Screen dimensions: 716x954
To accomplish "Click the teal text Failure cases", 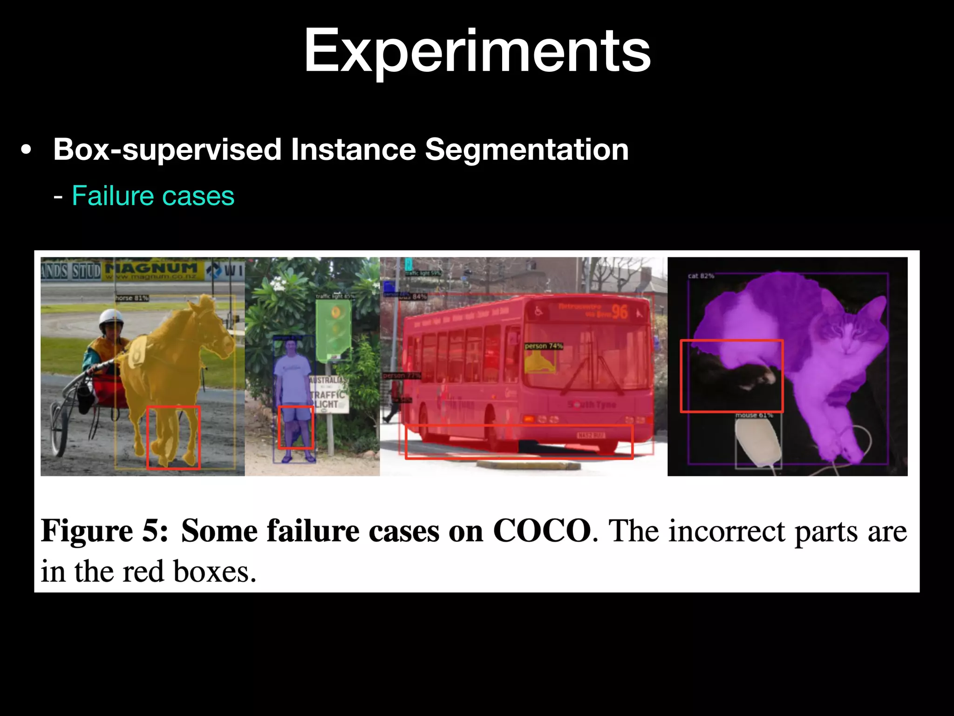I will (153, 196).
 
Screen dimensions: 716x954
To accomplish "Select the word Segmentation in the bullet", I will (526, 150).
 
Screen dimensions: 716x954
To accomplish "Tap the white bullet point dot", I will (27, 151).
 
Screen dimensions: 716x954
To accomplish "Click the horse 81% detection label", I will (132, 298).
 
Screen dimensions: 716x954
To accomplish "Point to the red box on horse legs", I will (173, 437).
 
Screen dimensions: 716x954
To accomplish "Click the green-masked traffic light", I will (334, 329).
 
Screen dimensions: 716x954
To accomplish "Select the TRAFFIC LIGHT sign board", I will (328, 394).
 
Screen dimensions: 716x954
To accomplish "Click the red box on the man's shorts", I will (296, 427).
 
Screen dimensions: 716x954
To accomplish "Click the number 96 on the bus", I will (620, 311).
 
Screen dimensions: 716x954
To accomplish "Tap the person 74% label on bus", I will (544, 346).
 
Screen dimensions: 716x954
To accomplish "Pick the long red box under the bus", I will (518, 441).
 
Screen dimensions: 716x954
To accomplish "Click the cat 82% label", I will (701, 276).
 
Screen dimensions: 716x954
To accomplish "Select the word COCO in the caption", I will (542, 531).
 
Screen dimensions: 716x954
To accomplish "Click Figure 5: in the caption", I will (104, 531).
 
